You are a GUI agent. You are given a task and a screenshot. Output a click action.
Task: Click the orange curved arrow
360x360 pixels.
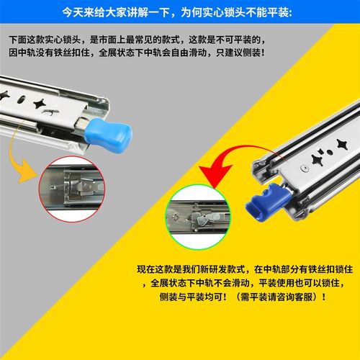click(x=22, y=155)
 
